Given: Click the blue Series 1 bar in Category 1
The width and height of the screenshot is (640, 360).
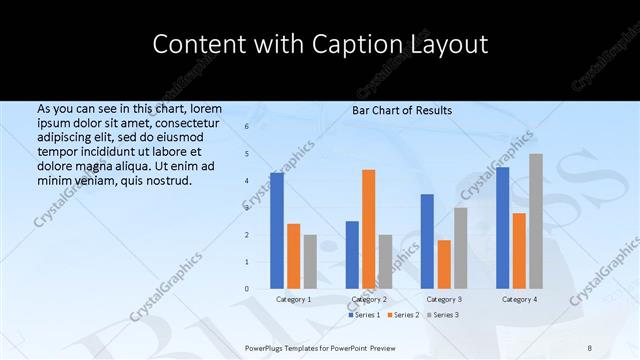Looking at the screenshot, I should pos(277,231).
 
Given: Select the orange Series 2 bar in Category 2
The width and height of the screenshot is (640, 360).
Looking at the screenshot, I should pos(369,229).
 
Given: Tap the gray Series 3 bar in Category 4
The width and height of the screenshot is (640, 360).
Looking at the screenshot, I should pos(536,221).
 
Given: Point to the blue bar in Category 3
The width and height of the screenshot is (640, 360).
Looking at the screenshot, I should pos(427,241).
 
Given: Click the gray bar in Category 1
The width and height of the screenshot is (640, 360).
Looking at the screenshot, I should pos(310,262).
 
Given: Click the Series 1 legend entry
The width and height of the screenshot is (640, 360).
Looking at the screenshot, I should pos(365,315).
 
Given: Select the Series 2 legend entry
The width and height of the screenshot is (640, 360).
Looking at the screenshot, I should pos(403,315).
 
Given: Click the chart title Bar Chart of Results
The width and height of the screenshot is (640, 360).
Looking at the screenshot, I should pos(402,110).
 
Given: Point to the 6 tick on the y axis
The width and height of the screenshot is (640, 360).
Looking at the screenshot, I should pos(247,127).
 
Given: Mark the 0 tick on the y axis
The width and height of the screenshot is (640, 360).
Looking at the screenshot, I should pos(247,289).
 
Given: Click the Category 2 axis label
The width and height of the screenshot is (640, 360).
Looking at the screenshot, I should pos(369,299).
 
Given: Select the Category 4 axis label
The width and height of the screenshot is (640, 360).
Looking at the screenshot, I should pos(519,299).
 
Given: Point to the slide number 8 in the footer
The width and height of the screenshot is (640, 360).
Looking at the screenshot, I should pos(590,346).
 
